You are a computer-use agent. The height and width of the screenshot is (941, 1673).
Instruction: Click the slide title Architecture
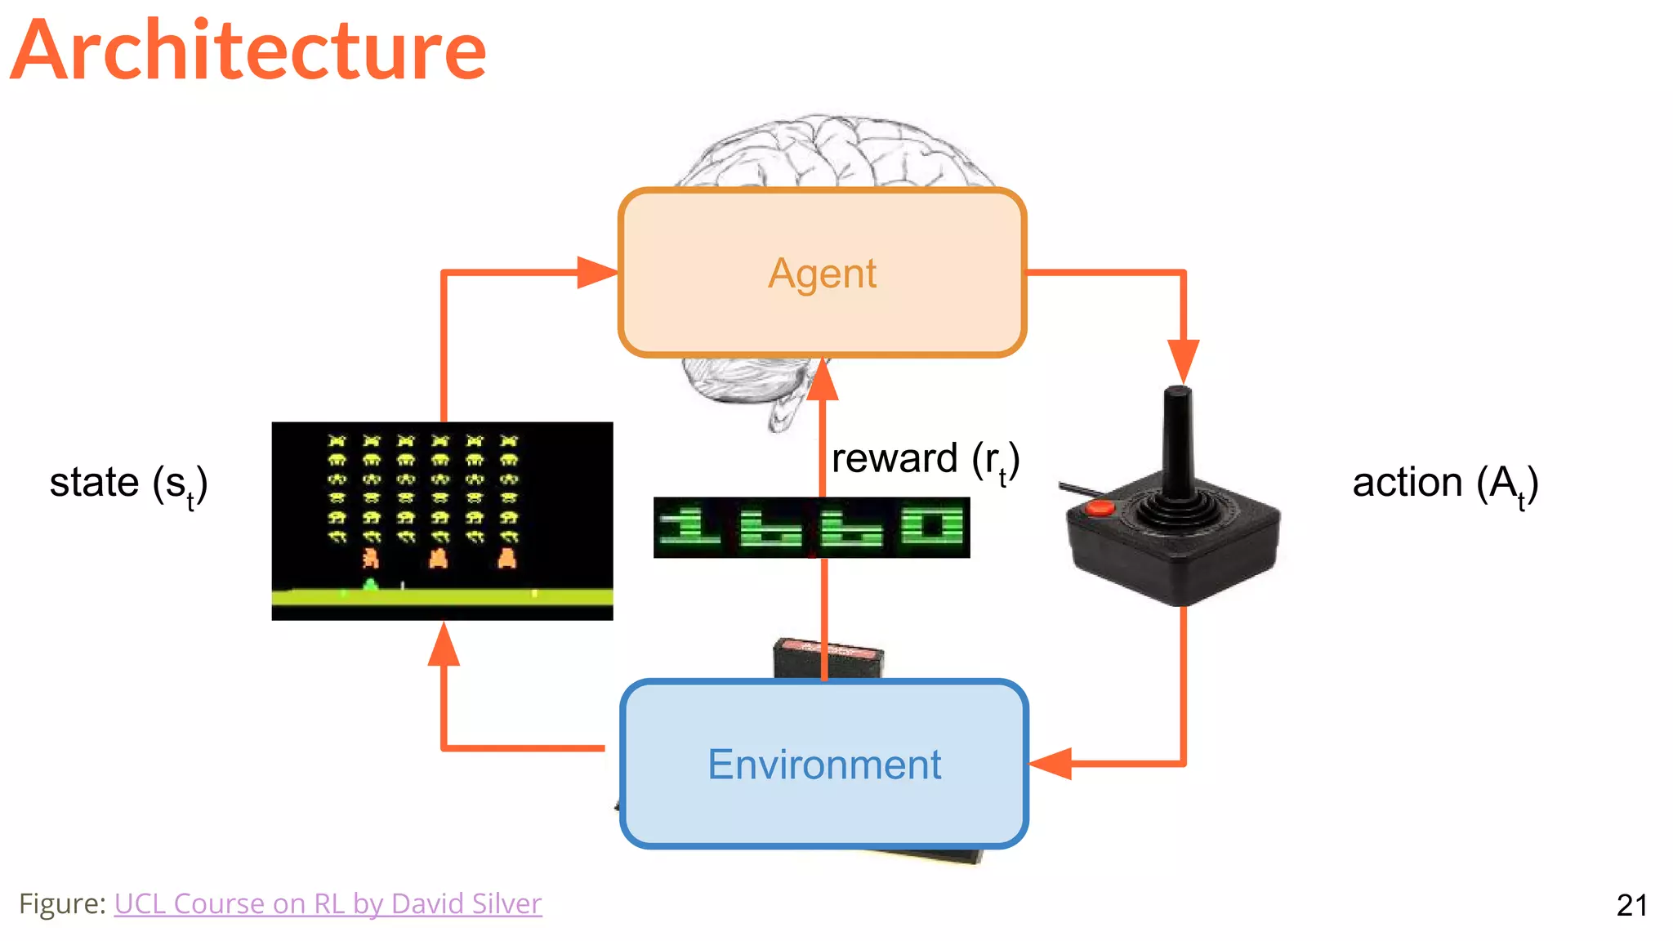pyautogui.click(x=249, y=51)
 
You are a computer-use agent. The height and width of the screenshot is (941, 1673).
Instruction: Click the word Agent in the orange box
pyautogui.click(x=822, y=274)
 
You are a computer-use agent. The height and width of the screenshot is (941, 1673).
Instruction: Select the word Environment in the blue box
pyautogui.click(x=823, y=765)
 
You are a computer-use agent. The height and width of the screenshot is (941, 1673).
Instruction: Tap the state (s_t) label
pyautogui.click(x=129, y=483)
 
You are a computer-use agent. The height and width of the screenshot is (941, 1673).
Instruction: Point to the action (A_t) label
pyautogui.click(x=1445, y=483)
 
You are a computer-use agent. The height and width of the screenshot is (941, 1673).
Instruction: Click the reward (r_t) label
pyautogui.click(x=925, y=459)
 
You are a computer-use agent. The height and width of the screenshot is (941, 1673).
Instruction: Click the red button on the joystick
pyautogui.click(x=1100, y=508)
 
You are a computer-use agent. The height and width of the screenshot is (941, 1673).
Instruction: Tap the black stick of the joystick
pyautogui.click(x=1177, y=441)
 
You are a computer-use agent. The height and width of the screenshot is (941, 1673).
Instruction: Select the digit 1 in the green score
pyautogui.click(x=690, y=527)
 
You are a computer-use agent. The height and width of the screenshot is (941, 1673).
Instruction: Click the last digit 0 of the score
pyautogui.click(x=932, y=527)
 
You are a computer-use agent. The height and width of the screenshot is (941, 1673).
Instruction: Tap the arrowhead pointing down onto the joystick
pyautogui.click(x=1183, y=361)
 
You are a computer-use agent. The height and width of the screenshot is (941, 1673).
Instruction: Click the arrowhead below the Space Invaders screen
pyautogui.click(x=444, y=645)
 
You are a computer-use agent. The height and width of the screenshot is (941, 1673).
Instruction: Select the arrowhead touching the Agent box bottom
pyautogui.click(x=823, y=380)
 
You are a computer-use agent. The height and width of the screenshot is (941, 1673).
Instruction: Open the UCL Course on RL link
pyautogui.click(x=328, y=903)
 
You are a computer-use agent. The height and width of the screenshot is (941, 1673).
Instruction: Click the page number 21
pyautogui.click(x=1631, y=905)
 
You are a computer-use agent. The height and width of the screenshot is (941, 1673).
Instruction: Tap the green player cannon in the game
pyautogui.click(x=370, y=583)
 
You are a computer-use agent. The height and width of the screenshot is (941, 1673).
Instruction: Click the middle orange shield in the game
pyautogui.click(x=439, y=559)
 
